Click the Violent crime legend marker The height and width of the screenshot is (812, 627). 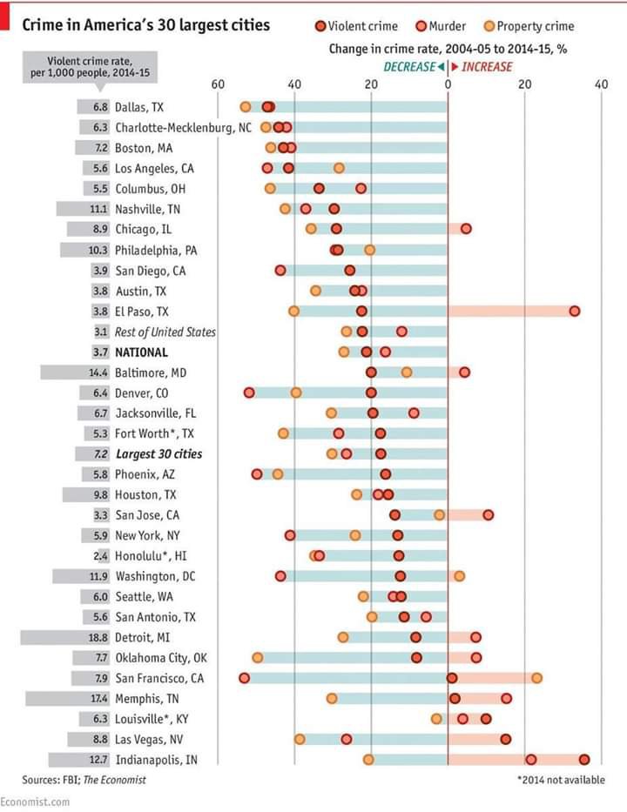coord(320,26)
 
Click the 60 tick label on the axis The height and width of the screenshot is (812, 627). coord(218,84)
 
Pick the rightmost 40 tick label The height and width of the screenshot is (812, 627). coord(601,84)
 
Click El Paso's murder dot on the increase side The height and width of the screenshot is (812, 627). coord(574,311)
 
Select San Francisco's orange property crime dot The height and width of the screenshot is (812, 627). coord(536,677)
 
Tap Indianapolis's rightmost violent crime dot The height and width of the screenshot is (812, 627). coord(584,759)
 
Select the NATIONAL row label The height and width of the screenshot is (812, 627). coord(141,352)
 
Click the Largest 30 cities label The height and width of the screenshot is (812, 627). coord(158,453)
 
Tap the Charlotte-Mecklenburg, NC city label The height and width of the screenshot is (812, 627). coord(183,127)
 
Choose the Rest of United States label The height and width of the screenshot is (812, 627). coord(165,332)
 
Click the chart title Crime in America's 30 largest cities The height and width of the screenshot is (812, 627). coord(145,25)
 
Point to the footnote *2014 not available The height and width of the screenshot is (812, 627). coord(561,780)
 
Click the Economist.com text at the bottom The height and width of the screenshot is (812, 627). coord(35,802)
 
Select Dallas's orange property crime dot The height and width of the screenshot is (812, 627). coord(246,106)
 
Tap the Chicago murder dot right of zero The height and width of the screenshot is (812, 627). coord(466,229)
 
